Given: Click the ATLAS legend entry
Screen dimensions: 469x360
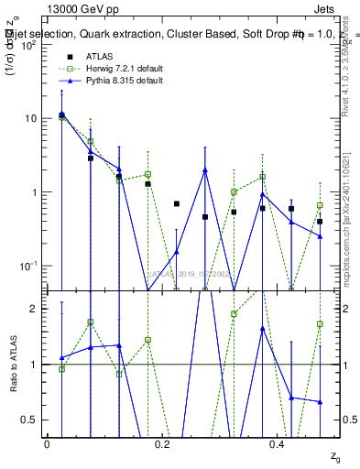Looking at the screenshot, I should point(102,56).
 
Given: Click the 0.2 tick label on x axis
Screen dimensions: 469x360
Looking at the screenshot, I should point(161,443).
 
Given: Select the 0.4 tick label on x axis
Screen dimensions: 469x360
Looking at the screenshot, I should point(277,443).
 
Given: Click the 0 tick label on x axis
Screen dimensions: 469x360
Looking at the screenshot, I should point(47,443).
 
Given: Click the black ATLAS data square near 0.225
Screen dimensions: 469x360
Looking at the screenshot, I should point(177,203).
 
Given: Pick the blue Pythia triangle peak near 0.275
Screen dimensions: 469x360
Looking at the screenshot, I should point(205,169).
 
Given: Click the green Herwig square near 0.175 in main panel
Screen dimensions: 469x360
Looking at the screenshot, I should point(147,174).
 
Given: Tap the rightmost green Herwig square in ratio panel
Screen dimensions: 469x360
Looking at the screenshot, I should point(320,324).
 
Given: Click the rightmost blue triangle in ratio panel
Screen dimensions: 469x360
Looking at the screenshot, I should point(320,401).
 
